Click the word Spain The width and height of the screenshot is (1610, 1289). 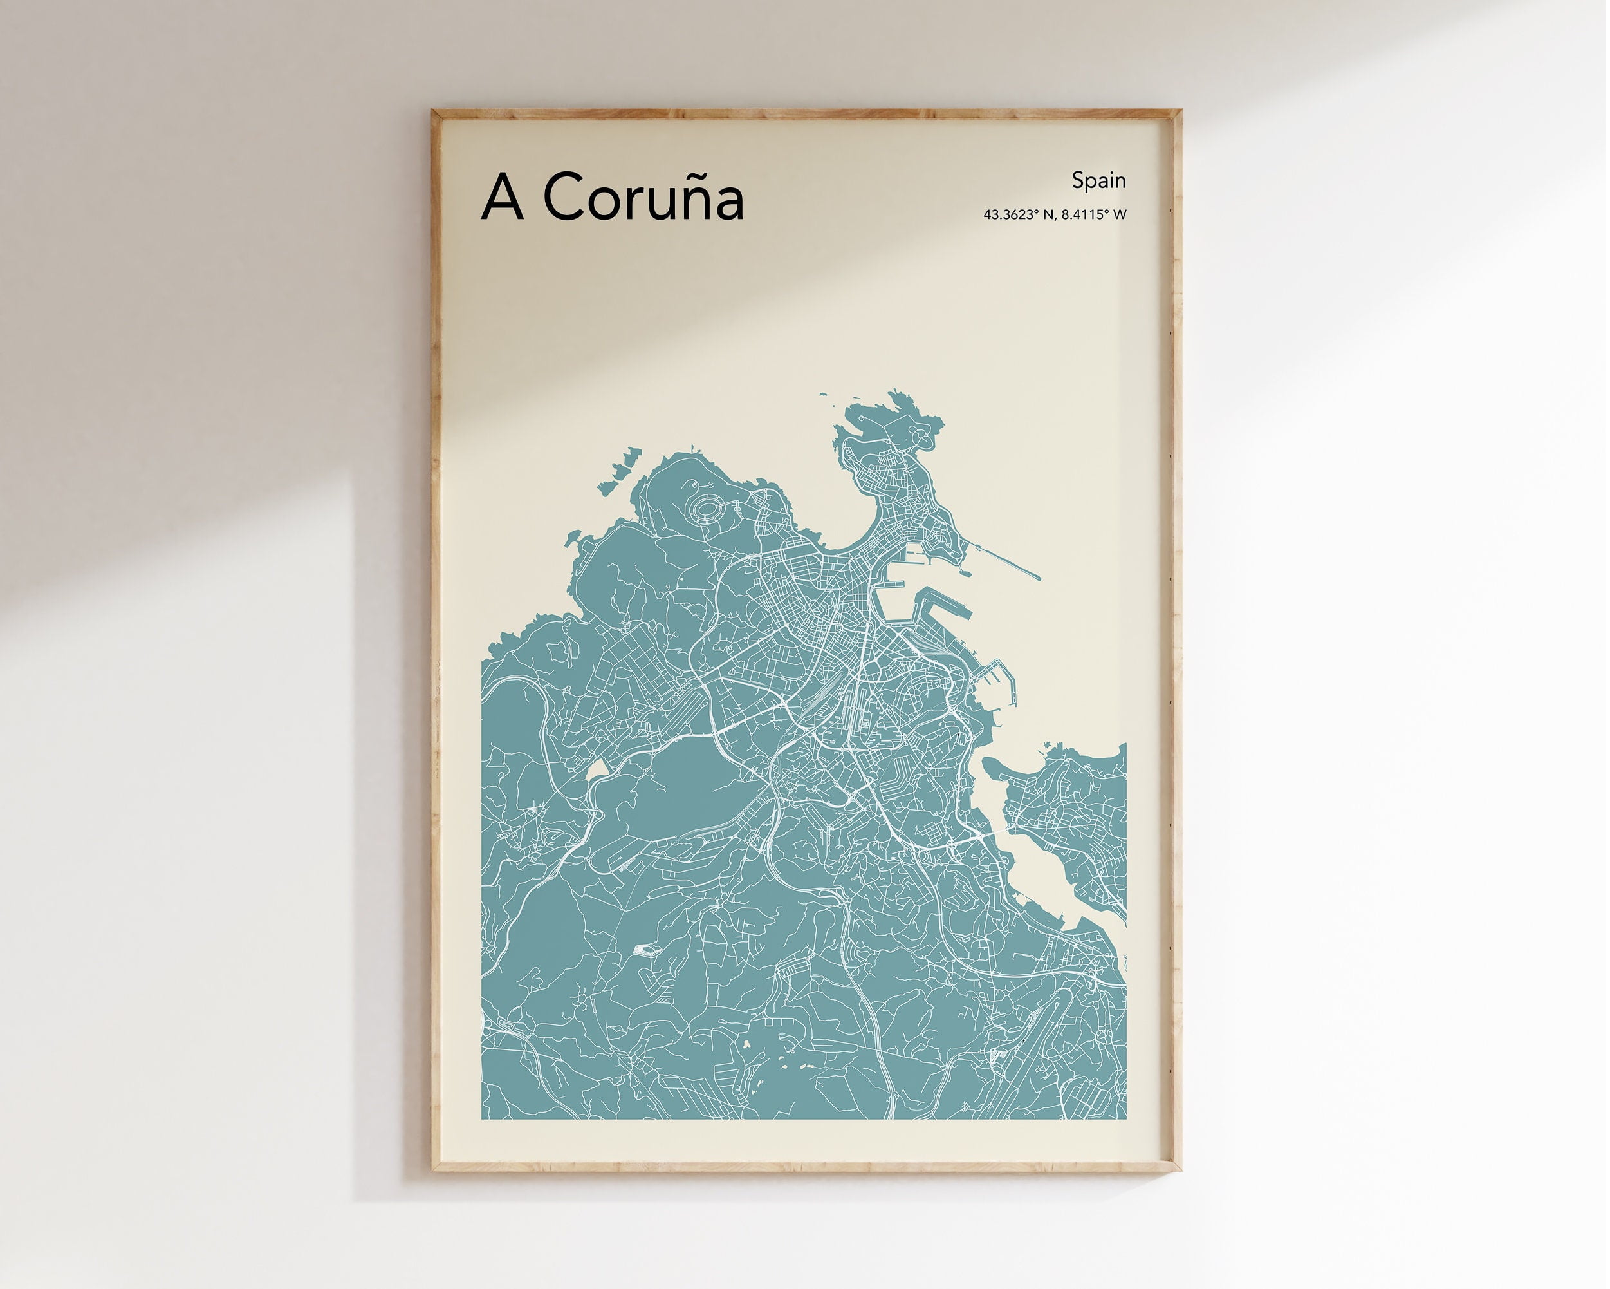1098,180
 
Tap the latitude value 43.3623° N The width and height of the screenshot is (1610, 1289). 1019,215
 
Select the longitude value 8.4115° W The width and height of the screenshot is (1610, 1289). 1094,215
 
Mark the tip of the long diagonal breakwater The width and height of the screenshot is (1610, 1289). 1038,577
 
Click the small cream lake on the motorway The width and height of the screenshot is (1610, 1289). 599,769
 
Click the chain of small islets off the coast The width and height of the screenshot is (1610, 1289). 620,467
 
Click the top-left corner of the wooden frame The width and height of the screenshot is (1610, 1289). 433,111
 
